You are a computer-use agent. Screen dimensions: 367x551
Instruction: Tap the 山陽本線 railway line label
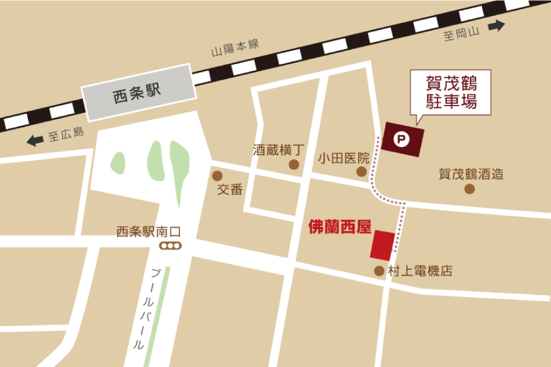point(235,48)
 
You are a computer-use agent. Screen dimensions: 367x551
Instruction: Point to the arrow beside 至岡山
point(496,26)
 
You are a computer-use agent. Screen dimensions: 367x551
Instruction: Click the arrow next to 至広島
point(35,140)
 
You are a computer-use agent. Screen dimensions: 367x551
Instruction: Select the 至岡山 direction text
point(462,35)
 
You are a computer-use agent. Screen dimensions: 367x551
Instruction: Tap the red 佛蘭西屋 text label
point(340,227)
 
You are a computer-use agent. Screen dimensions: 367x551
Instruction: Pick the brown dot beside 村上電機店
point(379,271)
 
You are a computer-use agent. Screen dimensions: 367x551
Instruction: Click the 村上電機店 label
point(420,271)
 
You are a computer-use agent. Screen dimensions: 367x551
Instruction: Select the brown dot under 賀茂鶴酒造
point(470,189)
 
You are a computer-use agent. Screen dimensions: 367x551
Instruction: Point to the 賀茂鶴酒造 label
point(471,175)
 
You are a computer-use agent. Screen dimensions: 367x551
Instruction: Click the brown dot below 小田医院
point(362,172)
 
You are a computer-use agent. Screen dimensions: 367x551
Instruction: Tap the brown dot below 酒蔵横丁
point(294,164)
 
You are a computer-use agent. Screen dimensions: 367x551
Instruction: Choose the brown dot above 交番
point(217,176)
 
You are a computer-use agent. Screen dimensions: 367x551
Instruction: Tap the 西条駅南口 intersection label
point(148,232)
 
